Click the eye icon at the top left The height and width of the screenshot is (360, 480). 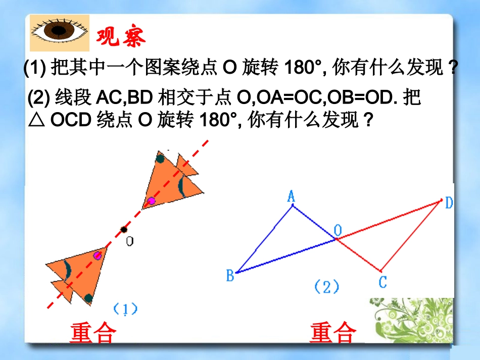click(59, 33)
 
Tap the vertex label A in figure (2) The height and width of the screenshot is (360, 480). click(291, 196)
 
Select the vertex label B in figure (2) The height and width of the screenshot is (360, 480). click(230, 276)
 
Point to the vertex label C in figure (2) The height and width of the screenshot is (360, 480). click(382, 282)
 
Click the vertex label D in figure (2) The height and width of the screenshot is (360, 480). click(449, 203)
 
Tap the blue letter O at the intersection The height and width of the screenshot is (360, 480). click(338, 231)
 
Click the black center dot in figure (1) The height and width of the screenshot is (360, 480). click(124, 230)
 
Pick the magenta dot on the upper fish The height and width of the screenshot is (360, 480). click(151, 201)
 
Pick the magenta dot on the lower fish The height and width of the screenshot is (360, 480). click(98, 255)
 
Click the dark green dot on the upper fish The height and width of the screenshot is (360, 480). click(160, 159)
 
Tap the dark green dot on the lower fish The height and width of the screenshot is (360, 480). click(88, 298)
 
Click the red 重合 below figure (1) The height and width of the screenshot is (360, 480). click(93, 333)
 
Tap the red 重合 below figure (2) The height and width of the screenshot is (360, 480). click(333, 333)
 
